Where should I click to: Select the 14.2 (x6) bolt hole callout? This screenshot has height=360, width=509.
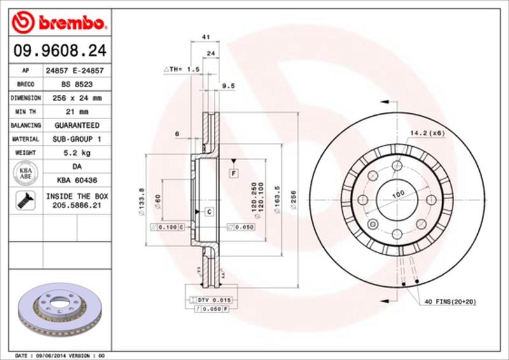click(427, 133)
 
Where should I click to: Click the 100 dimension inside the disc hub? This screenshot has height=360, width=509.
click(398, 193)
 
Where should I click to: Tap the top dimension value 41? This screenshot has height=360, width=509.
click(206, 38)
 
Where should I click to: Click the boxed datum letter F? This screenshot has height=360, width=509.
click(234, 173)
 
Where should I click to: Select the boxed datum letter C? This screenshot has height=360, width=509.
click(208, 210)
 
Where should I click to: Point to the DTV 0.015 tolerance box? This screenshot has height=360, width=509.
click(213, 299)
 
